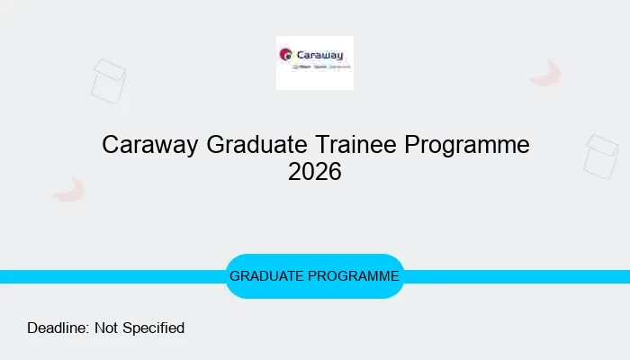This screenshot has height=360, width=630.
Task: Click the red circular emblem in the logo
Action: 286,54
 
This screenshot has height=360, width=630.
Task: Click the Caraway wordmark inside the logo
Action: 322,53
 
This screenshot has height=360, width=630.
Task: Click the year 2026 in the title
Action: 315,172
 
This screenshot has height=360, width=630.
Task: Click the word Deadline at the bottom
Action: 58,328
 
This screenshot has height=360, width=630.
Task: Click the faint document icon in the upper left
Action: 109,81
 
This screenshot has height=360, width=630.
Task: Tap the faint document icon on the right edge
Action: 600,157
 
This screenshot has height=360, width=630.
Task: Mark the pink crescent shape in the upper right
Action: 546,75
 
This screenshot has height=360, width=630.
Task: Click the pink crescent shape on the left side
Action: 69,189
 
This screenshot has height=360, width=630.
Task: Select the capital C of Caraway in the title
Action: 111,145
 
